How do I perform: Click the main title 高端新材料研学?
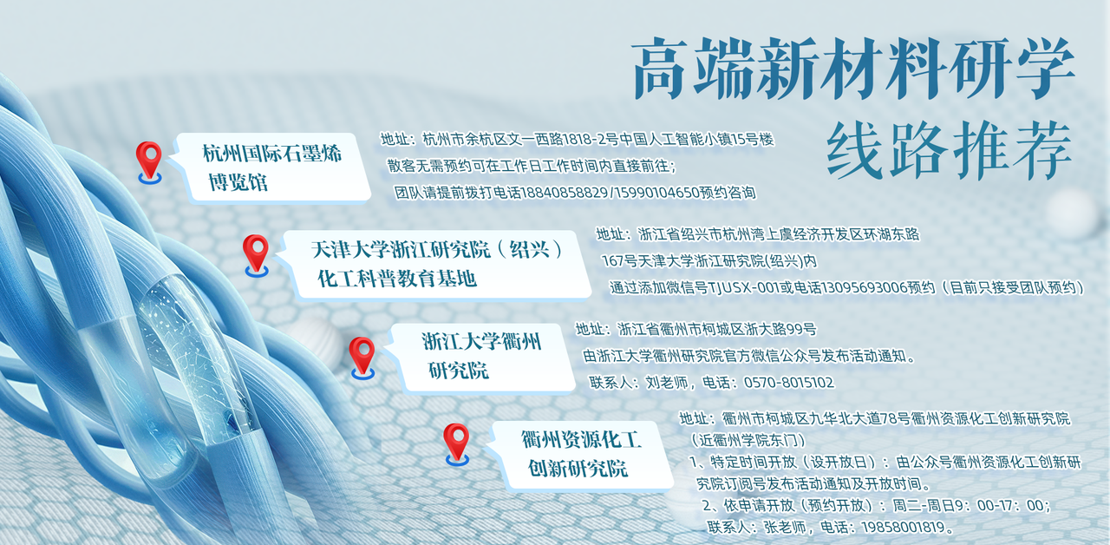853,69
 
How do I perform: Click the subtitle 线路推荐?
949,149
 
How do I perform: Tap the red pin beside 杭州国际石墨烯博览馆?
149,161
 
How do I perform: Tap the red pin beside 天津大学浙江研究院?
256,253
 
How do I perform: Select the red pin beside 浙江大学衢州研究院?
362,356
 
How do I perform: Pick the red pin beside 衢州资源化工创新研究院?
456,442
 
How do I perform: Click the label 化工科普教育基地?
397,279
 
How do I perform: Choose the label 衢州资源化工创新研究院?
581,455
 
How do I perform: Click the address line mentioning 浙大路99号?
695,330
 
